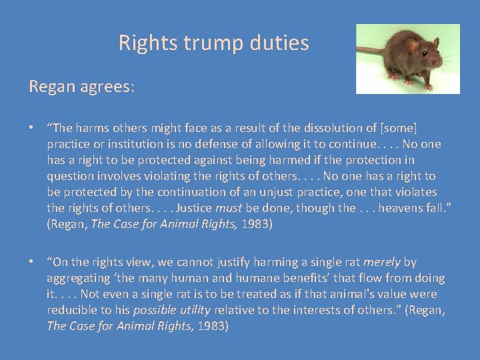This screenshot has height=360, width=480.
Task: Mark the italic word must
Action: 228,207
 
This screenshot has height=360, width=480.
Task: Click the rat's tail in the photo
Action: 370,51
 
